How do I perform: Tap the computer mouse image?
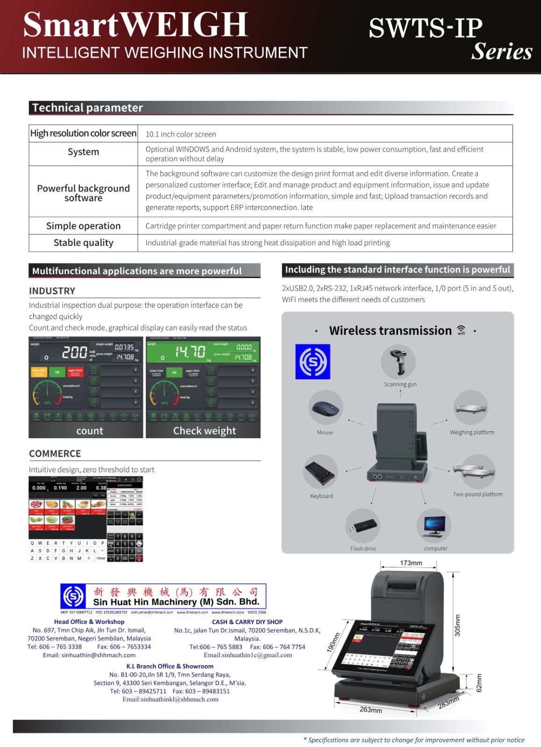(x=326, y=409)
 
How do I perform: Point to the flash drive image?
(x=363, y=526)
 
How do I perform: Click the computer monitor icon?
(x=434, y=526)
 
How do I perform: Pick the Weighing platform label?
(x=472, y=433)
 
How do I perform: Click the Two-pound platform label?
(x=477, y=494)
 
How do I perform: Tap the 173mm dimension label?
(x=411, y=563)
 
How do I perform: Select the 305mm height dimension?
(x=457, y=625)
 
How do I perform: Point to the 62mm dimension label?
(x=479, y=683)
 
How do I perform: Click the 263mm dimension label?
(x=370, y=710)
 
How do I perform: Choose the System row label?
(x=83, y=152)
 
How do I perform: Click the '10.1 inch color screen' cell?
(x=181, y=135)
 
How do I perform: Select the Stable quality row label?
(x=83, y=243)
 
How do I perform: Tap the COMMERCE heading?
(x=55, y=454)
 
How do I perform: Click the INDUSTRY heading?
(x=52, y=291)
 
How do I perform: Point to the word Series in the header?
(x=502, y=51)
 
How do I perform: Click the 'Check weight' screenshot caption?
(x=204, y=431)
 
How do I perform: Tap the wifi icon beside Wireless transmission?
(x=461, y=330)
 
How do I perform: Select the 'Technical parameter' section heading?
(x=87, y=108)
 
